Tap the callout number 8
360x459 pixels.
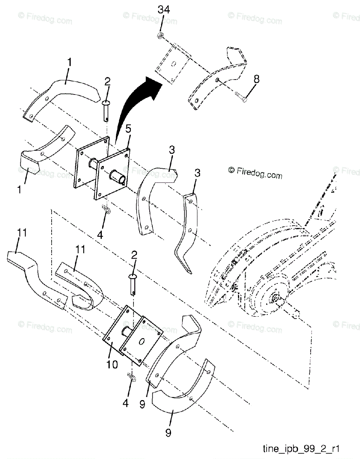click(256, 79)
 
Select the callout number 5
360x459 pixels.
click(129, 138)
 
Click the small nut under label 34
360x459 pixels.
click(160, 36)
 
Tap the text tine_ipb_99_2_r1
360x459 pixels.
click(312, 448)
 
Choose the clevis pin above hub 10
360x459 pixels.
click(133, 285)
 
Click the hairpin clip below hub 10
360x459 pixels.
click(131, 378)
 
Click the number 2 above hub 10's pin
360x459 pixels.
click(134, 256)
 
